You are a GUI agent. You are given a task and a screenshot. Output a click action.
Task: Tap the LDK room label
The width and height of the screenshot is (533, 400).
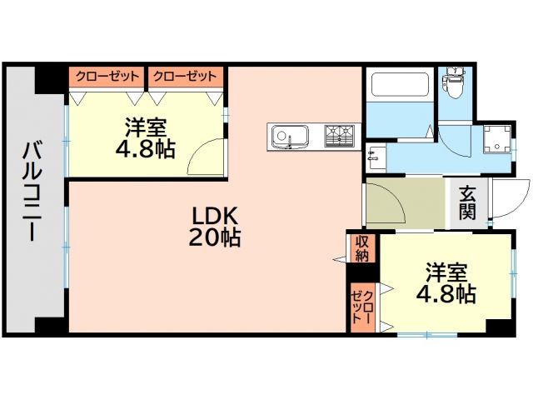216,216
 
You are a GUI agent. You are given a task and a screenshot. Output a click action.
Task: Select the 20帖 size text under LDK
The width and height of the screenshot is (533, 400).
215,238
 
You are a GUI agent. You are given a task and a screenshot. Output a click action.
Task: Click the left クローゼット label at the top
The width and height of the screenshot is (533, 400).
107,77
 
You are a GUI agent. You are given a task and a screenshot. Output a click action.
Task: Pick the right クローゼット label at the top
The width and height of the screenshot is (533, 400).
186,77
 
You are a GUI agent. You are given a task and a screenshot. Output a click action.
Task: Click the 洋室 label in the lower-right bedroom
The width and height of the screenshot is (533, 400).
447,273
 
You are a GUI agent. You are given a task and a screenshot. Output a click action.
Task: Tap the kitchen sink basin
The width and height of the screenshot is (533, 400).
289,135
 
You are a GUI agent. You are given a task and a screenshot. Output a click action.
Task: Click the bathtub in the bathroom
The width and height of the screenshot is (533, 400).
398,87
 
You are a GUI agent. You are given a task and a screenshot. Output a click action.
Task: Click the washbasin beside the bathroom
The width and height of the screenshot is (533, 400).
373,155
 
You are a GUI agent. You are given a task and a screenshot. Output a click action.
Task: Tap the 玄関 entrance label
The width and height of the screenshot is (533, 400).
467,203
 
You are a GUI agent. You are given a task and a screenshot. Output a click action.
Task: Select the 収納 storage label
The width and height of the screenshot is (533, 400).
362,247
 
